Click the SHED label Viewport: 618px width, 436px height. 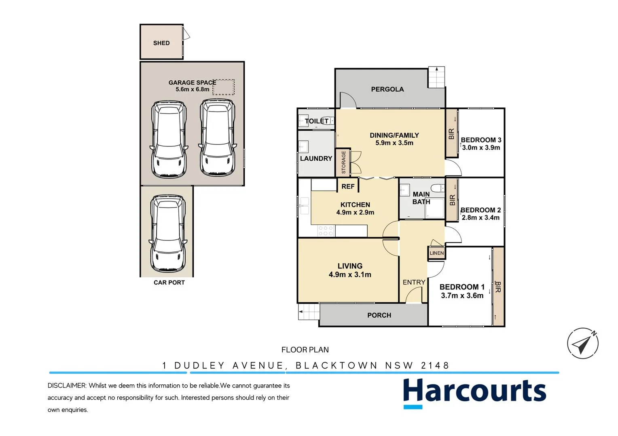tap(161, 43)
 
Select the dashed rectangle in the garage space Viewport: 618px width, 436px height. tap(224, 87)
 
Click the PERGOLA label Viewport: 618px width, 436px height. tap(387, 89)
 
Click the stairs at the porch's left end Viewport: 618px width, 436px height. tap(309, 312)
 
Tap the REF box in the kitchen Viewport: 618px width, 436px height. tap(348, 186)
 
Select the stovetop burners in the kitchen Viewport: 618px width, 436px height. tap(326, 231)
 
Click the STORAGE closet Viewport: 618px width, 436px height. tap(343, 162)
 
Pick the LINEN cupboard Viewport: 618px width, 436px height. tap(436, 253)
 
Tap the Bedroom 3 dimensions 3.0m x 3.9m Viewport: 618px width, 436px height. tap(481, 148)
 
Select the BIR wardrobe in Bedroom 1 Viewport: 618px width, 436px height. tap(498, 287)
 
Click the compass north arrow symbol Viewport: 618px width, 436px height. tap(583, 343)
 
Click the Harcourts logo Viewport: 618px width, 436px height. tap(474, 392)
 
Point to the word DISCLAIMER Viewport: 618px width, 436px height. tap(67, 386)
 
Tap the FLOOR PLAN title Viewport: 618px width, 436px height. tap(305, 350)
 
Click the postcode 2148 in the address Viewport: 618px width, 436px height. tap(435, 365)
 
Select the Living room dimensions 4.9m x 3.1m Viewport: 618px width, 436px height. tap(350, 275)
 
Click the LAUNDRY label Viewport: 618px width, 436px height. tap(316, 159)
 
